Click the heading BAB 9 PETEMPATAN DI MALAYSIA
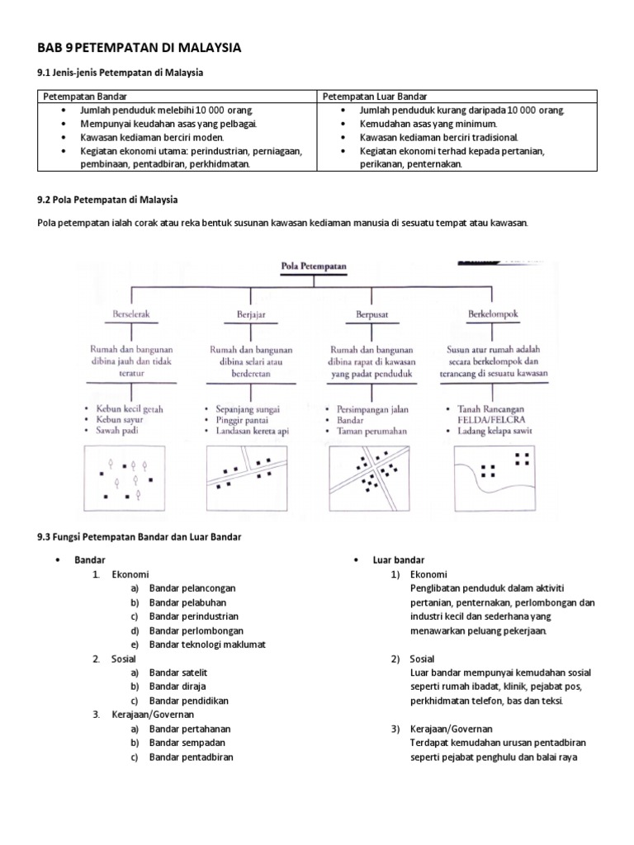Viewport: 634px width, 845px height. click(140, 48)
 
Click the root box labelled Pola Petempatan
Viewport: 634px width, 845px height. click(314, 267)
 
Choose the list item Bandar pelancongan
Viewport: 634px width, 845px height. click(193, 588)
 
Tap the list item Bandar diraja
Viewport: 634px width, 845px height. click(177, 686)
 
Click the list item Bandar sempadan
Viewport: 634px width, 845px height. click(185, 743)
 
